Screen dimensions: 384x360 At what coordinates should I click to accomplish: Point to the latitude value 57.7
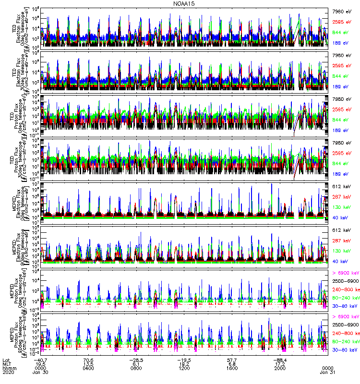click(232, 359)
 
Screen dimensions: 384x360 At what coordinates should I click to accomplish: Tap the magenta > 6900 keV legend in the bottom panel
click(346, 317)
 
